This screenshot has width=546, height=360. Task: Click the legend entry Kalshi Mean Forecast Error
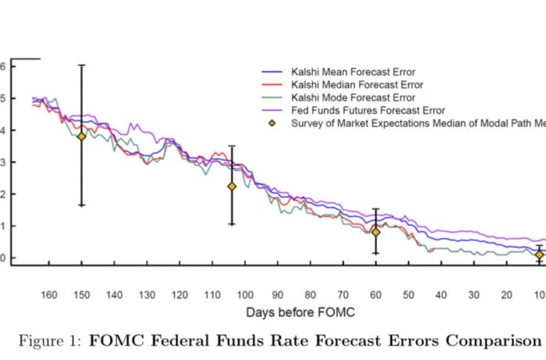353,72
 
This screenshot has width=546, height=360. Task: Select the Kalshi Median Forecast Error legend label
357,84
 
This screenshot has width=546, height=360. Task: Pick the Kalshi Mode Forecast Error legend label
353,98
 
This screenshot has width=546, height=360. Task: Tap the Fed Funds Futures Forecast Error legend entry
368,111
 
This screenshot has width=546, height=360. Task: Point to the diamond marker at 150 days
82,136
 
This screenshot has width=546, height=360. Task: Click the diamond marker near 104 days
231,186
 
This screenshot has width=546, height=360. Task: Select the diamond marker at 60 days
376,232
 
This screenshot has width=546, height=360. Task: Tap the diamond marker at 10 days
539,254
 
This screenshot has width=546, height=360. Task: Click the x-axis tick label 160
49,295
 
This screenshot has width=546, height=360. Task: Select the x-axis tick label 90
278,295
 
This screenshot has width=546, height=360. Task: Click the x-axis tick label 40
441,295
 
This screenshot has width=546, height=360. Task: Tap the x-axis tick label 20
506,295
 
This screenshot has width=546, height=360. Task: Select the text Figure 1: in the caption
49,341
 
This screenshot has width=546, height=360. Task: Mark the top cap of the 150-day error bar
82,65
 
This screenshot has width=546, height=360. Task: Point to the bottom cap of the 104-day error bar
231,224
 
